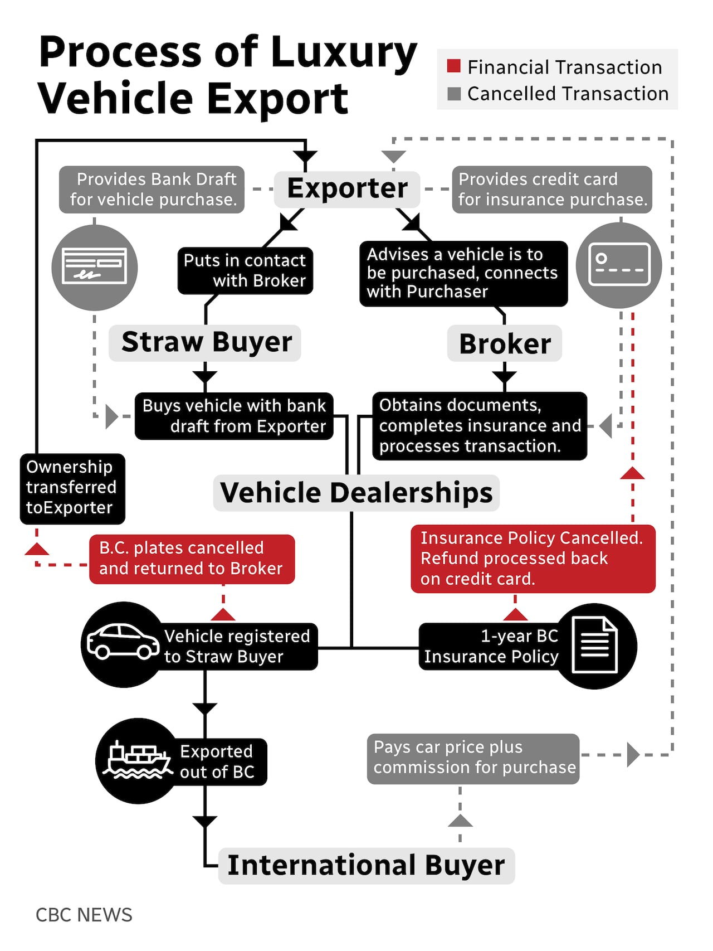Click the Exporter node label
(347, 188)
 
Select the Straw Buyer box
(206, 342)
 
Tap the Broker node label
(505, 343)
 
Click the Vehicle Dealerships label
(356, 493)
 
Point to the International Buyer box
(366, 865)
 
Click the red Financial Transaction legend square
(454, 66)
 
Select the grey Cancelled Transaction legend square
(454, 94)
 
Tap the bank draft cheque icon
(95, 266)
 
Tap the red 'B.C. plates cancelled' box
(192, 559)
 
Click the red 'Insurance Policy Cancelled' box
(533, 559)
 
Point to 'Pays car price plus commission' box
(473, 758)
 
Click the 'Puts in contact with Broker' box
(245, 271)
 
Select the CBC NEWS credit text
(84, 915)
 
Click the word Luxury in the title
(344, 52)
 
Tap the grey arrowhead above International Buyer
(460, 821)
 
